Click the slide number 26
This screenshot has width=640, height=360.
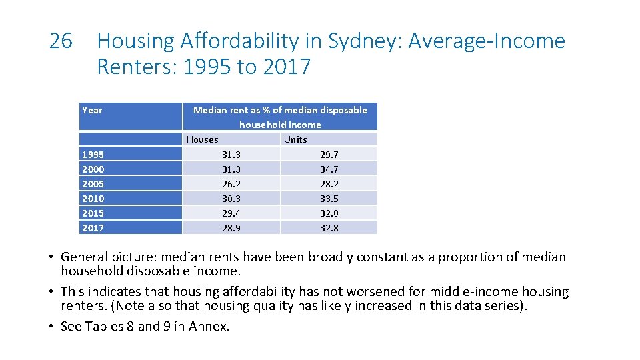coord(61,41)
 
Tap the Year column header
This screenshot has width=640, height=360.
coord(92,110)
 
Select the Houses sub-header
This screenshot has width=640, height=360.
coord(203,139)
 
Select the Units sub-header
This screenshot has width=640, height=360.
coord(295,139)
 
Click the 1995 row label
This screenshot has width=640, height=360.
coord(93,155)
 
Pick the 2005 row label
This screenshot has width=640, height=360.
coord(93,184)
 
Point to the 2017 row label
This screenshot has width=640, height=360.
coord(93,228)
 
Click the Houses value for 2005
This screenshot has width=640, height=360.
coord(231,184)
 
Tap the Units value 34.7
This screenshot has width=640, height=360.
coord(329,169)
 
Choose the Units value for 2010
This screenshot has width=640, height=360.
coord(329,199)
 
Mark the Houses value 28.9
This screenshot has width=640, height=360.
coord(231,228)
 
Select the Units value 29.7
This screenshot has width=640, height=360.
coord(329,155)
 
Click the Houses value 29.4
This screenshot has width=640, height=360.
coord(231,213)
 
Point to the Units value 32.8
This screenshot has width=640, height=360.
coord(329,228)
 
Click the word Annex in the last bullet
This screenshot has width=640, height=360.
coord(208,326)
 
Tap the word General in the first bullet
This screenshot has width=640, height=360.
coord(85,257)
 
